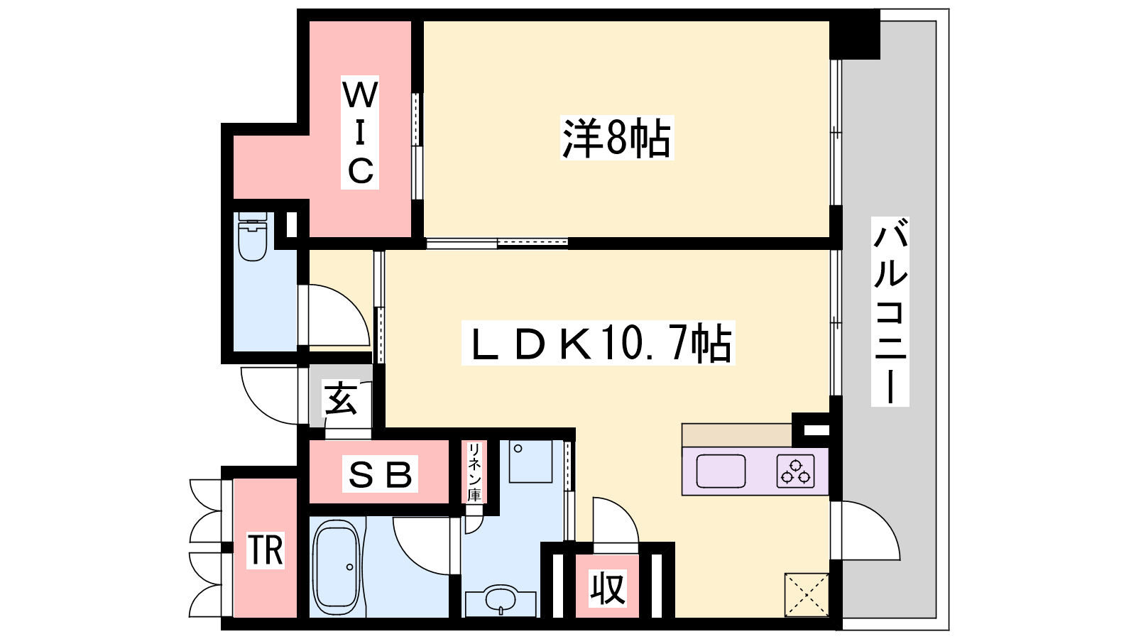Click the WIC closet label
[x=360, y=132]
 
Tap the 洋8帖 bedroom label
[x=617, y=138]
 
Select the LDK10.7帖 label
[x=599, y=343]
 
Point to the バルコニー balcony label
[x=890, y=312]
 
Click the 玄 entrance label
[x=341, y=398]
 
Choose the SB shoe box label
[x=380, y=474]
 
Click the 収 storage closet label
[x=608, y=589]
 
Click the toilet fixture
[x=253, y=236]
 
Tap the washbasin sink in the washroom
[x=501, y=601]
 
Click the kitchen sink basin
[x=721, y=471]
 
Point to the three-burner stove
[x=795, y=471]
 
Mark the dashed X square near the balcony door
[x=807, y=595]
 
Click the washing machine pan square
[x=530, y=461]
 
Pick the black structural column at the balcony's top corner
[x=855, y=35]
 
